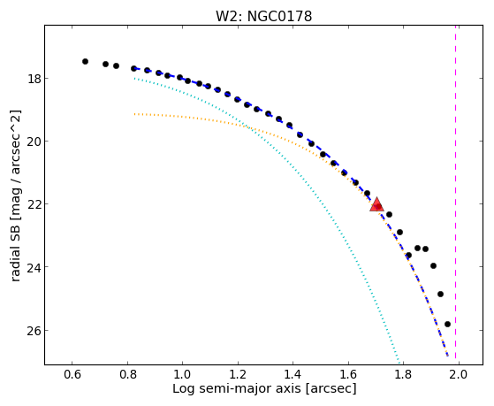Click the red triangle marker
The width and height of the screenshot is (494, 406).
(x=376, y=204)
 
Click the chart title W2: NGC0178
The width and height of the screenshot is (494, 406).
(x=263, y=16)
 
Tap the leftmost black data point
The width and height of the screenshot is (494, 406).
(x=85, y=62)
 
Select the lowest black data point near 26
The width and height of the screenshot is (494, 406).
(x=447, y=325)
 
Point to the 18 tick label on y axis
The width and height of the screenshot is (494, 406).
(x=34, y=78)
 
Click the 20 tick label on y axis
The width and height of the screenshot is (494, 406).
(x=34, y=141)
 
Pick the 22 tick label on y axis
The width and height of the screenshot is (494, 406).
(x=34, y=204)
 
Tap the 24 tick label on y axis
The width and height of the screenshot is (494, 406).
(x=34, y=267)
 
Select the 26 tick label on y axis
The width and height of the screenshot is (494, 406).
(x=34, y=330)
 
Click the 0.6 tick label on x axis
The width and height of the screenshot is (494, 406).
(x=72, y=374)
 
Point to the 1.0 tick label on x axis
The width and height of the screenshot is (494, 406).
(x=183, y=374)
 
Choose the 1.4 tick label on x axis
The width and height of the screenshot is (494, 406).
(x=293, y=374)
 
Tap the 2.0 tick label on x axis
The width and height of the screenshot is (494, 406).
(x=459, y=374)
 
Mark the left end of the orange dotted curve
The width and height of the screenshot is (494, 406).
(x=134, y=114)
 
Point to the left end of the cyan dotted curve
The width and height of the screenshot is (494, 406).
(x=134, y=78)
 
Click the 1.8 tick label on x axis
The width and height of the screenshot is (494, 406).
(x=404, y=374)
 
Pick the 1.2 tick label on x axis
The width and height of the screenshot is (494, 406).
(x=238, y=374)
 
